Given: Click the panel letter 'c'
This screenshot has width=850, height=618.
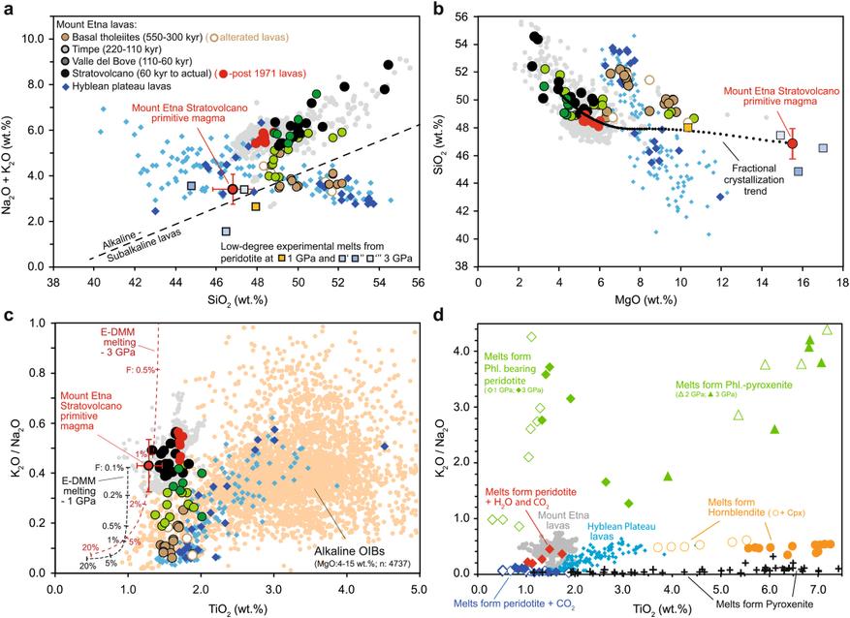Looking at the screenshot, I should click(8, 316).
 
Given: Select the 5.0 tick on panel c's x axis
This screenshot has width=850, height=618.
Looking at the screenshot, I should click(419, 588).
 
